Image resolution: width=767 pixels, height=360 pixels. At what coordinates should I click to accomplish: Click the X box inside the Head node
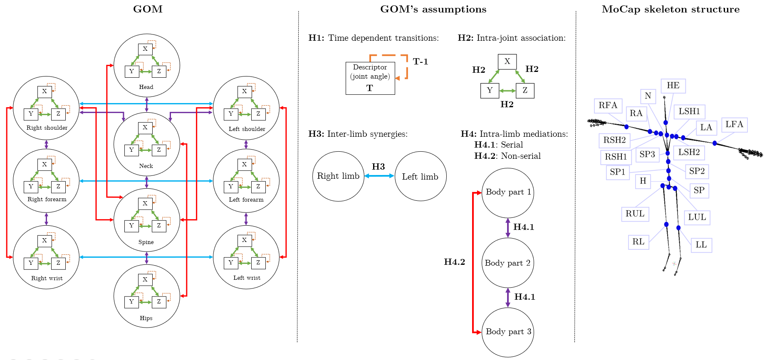coord(145,49)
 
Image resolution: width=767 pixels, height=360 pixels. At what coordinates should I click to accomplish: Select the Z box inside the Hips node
coord(159,302)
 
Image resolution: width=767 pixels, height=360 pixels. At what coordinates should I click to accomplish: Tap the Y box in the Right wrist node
coord(31,263)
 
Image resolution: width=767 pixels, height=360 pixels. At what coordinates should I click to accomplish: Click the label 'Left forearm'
coord(246,200)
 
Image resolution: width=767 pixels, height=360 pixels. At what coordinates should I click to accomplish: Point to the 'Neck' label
coord(146,166)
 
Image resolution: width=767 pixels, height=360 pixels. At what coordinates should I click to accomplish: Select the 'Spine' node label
coord(146,242)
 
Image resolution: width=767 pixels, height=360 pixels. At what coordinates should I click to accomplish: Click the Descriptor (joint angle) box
coord(370,78)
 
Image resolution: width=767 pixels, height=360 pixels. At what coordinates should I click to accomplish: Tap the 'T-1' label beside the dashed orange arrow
coord(420,62)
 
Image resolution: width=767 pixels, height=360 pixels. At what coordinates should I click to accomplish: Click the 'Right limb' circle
coord(338,176)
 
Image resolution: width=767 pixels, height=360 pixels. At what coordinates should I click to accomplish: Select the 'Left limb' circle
coord(420,177)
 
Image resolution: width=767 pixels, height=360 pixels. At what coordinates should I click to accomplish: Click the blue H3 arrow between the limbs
coord(379,176)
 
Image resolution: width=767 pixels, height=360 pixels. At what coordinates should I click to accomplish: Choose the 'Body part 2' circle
coord(507,263)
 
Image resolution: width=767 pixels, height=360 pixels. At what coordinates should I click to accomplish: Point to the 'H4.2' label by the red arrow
coord(454,262)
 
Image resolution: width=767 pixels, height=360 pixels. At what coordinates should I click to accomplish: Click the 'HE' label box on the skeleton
coord(673,86)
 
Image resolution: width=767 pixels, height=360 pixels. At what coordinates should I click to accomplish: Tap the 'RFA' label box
coord(608,105)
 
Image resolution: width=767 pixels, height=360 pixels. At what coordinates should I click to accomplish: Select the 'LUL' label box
coord(697,217)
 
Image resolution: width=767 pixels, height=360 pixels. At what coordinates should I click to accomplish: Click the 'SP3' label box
coord(647,154)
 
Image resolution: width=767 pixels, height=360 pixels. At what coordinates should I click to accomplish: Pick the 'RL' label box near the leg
coord(638,242)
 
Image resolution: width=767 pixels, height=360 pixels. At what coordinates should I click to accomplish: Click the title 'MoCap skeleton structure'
coord(671,9)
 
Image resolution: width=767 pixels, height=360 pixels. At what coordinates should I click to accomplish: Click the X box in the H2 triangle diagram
coord(507,62)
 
